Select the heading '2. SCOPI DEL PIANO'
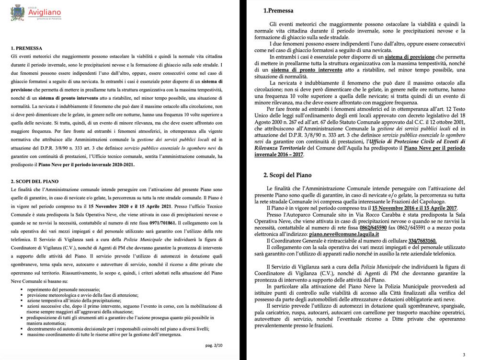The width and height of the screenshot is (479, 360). [34, 182]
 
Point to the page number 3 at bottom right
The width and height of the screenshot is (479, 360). [464, 355]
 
